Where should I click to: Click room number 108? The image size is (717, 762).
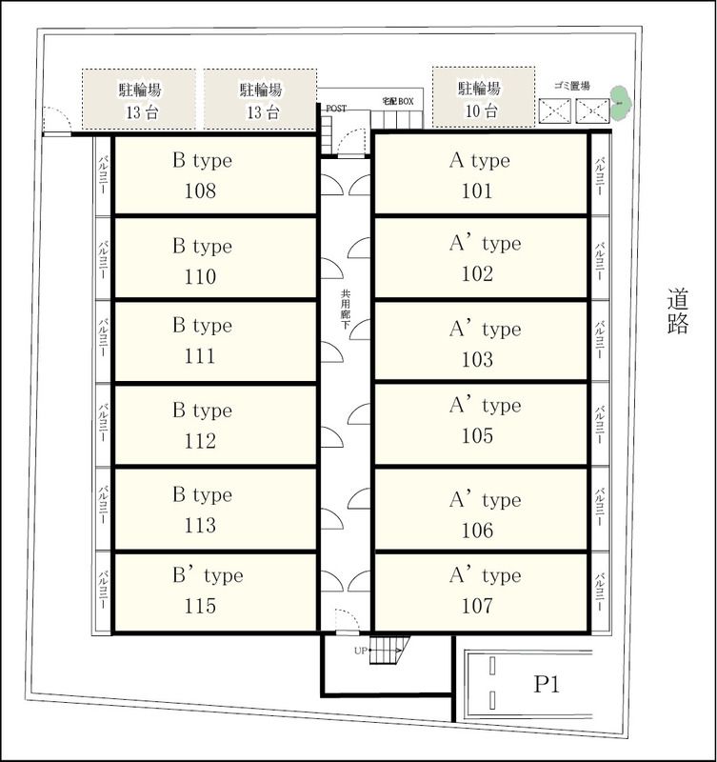(200, 191)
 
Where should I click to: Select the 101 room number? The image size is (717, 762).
(477, 191)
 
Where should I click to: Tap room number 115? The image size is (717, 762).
(200, 606)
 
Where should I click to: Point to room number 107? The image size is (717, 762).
(477, 606)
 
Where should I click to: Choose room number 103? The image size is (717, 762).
(477, 360)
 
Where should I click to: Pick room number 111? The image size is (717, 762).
(200, 356)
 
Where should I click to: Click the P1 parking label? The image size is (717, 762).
(547, 684)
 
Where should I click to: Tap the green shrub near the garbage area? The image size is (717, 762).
(619, 103)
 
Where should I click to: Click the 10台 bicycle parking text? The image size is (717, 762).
(482, 111)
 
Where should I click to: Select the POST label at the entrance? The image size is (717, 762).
(336, 109)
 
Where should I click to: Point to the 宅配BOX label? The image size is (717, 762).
(398, 101)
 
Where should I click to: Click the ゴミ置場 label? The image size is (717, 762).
(571, 86)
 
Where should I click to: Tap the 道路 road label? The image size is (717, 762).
(678, 311)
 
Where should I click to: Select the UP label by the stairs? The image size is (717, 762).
(361, 651)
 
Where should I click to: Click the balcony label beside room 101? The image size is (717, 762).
(601, 175)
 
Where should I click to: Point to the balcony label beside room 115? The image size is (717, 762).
(103, 590)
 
